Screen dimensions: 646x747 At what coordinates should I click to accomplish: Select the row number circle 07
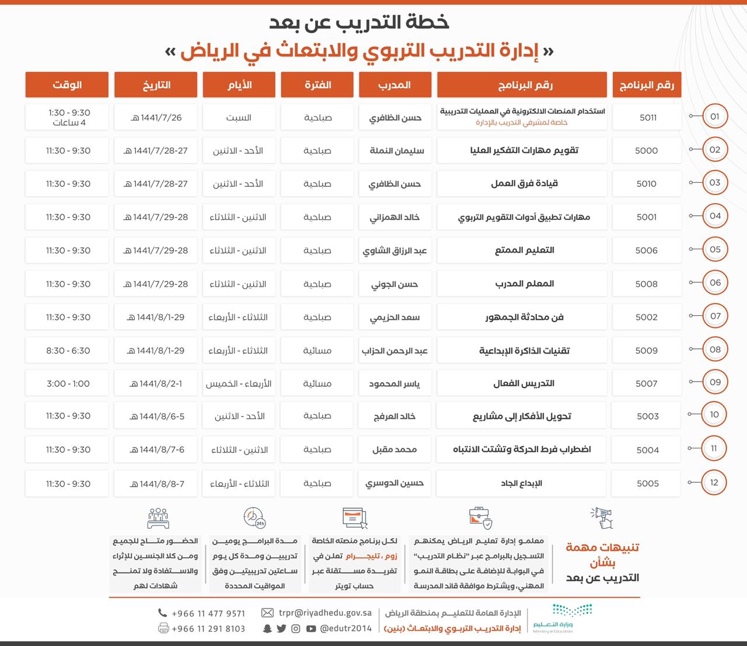[x=714, y=316]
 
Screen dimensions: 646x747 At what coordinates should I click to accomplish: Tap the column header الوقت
[x=67, y=85]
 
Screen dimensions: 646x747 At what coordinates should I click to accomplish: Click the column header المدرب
[x=395, y=85]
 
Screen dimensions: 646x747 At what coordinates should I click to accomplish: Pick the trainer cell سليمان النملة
[x=396, y=151]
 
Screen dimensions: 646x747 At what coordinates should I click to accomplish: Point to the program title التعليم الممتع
[x=524, y=250]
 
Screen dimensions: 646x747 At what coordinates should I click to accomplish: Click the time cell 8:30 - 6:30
[x=68, y=351]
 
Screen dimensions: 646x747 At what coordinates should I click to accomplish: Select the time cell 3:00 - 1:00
[x=68, y=383]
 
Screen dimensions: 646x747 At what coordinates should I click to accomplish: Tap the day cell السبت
[x=239, y=117]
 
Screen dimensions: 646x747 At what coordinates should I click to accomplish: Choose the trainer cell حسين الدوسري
[x=395, y=483]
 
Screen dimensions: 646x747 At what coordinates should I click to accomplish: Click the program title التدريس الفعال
[x=524, y=383]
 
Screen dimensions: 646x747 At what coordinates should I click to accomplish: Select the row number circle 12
[x=714, y=483]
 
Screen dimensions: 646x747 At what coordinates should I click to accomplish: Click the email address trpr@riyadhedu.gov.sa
[x=325, y=613]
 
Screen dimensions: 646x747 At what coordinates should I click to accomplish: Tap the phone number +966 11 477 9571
[x=208, y=613]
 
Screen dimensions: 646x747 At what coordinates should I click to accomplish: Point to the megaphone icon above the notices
[x=602, y=518]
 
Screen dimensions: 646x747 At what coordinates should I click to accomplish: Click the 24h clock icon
[x=254, y=518]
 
